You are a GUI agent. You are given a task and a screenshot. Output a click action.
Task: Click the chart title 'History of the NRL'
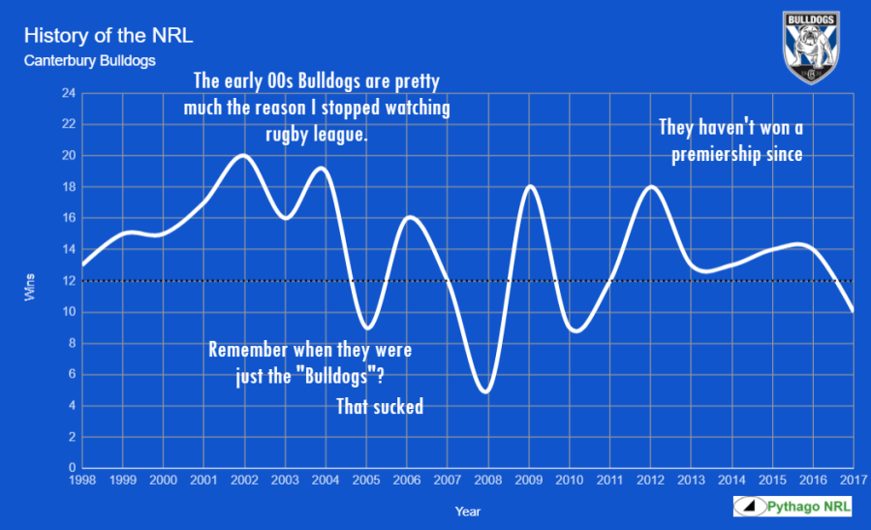(x=108, y=37)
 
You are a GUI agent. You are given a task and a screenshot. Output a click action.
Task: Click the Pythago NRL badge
(x=792, y=507)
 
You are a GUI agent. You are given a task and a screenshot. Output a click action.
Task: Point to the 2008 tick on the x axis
(x=488, y=480)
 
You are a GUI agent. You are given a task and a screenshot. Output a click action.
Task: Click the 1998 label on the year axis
(x=82, y=480)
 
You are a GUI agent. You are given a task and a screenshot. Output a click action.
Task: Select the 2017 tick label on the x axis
(x=853, y=480)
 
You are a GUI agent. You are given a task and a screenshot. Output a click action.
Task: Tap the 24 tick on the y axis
(x=69, y=93)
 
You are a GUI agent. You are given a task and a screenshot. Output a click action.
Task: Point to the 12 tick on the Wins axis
(x=69, y=281)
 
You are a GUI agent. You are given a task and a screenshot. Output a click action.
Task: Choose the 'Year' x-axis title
(x=467, y=511)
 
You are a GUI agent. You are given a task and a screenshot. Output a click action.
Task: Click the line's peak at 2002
(x=243, y=156)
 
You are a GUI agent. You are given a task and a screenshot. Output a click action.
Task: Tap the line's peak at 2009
(x=529, y=186)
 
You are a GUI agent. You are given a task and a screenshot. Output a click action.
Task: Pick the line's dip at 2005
(x=366, y=327)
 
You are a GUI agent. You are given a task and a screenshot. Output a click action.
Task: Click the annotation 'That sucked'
(x=380, y=407)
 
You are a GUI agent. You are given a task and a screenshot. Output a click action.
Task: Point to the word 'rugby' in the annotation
(x=277, y=134)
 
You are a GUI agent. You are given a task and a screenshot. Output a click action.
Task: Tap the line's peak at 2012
(x=651, y=187)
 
